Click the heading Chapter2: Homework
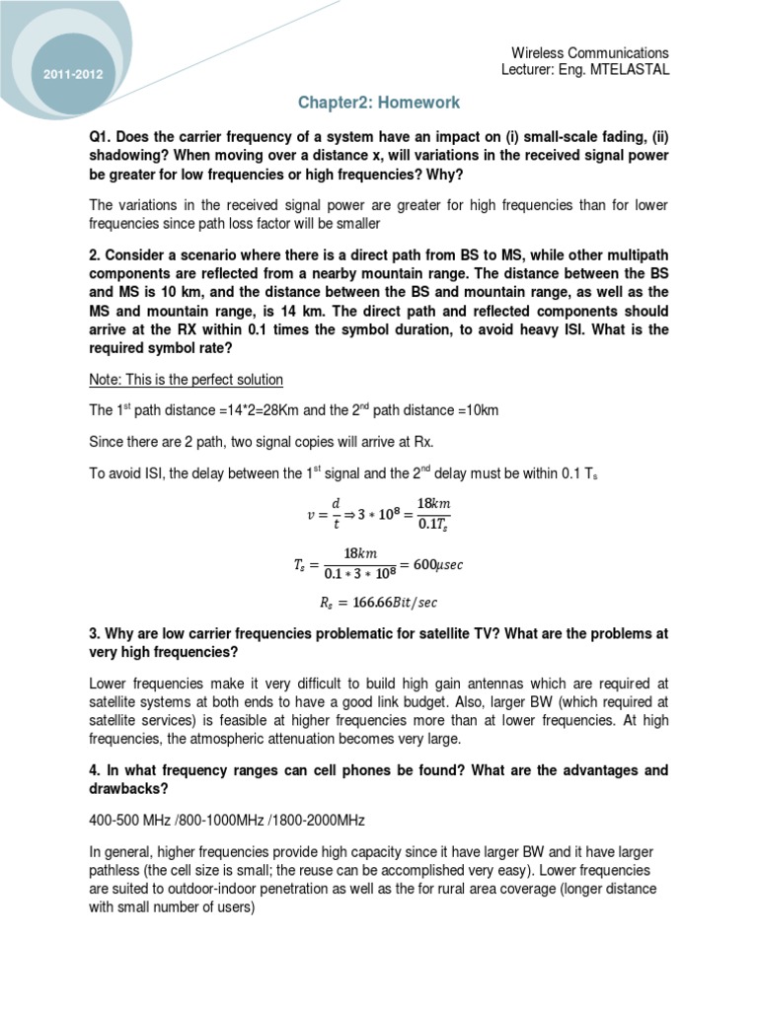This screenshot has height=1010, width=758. pos(379,103)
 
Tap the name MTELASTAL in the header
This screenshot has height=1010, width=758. pos(627,69)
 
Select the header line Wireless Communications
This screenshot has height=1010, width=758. pos(589,52)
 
